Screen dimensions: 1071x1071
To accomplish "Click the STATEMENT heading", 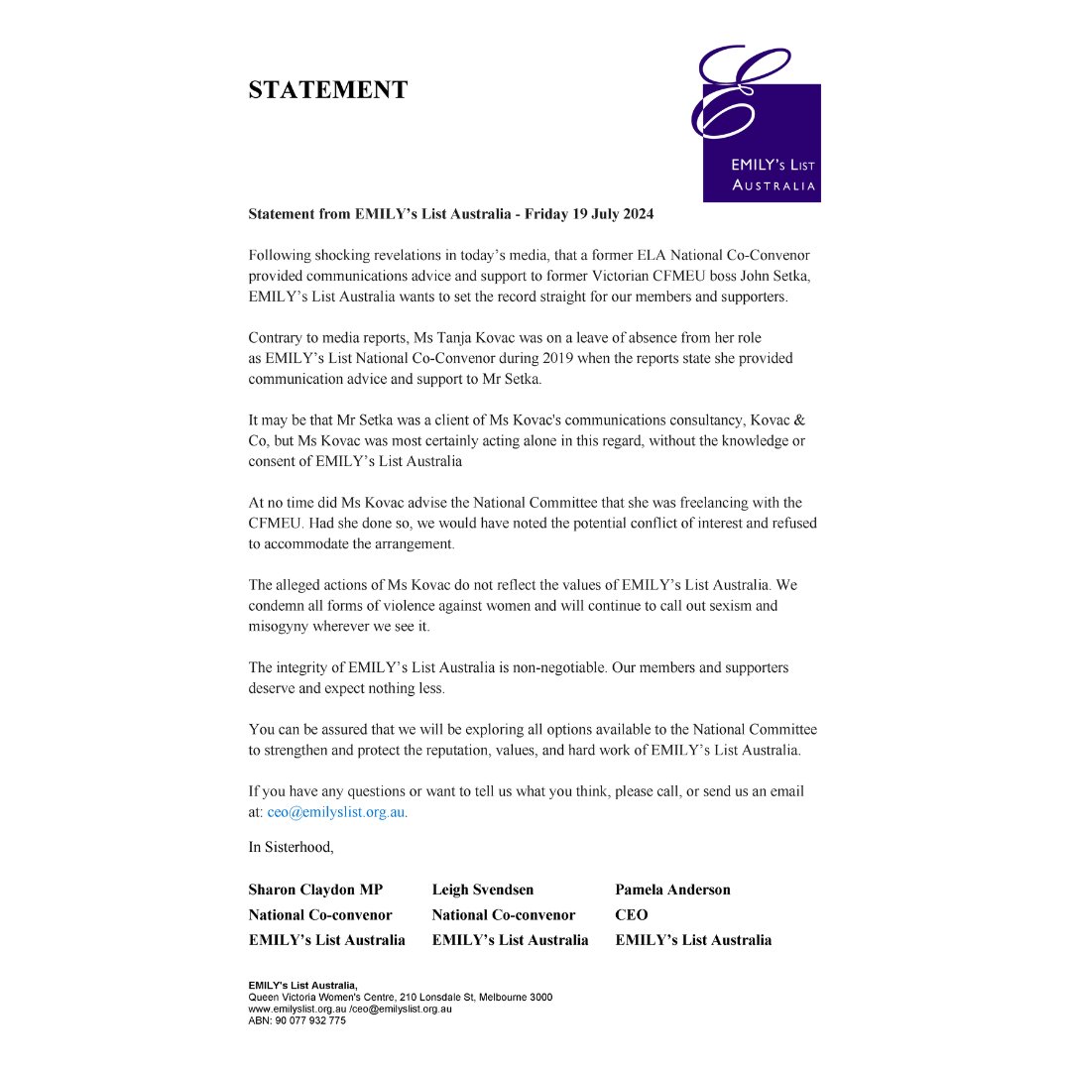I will pos(327,90).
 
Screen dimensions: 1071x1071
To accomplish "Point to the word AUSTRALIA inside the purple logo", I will pos(773,185).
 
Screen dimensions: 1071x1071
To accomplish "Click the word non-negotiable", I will pos(553,667).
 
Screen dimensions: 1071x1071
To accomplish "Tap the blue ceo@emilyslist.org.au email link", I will pos(336,812).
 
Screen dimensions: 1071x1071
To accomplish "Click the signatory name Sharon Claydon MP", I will pos(315,890).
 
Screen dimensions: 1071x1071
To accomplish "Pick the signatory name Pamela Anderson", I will pos(672,890).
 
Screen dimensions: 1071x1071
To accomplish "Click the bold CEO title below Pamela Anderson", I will pos(631,915).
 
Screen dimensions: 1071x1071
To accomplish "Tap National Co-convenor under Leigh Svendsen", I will pos(503,915).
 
